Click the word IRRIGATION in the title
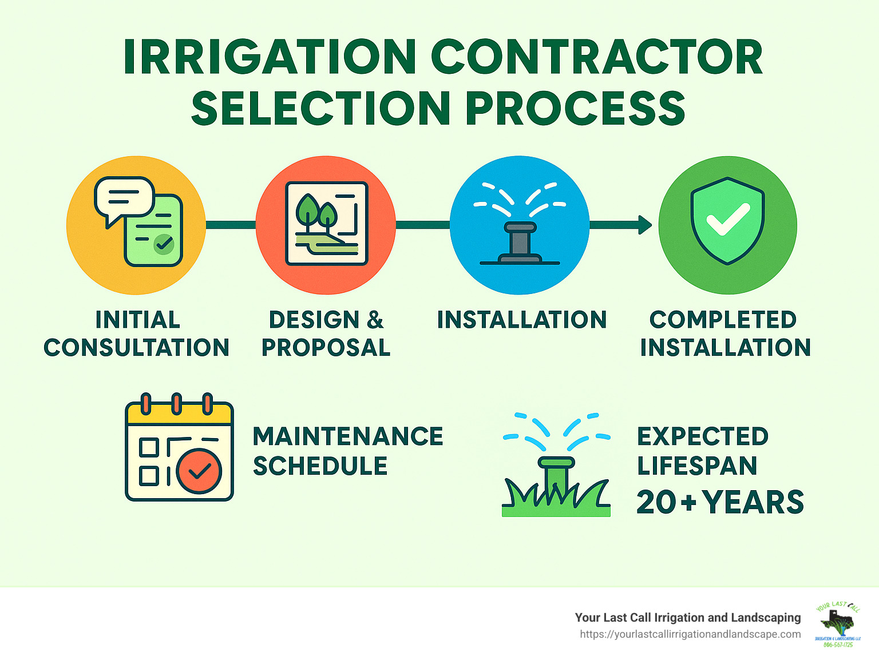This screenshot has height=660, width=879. [270, 57]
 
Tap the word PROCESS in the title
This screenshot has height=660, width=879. [576, 109]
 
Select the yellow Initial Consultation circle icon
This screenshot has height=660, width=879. [136, 225]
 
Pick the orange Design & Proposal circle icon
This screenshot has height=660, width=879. [326, 225]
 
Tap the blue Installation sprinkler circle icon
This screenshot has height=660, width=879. [520, 225]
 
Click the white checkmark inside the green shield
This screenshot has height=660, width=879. [727, 219]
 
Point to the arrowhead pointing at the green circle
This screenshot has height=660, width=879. [645, 225]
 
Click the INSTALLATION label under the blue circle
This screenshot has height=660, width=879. [521, 320]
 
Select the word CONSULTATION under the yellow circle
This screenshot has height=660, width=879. [137, 348]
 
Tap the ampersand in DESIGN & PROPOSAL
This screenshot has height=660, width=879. [375, 320]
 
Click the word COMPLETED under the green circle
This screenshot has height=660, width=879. [723, 320]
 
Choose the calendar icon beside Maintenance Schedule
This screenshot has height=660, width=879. [179, 448]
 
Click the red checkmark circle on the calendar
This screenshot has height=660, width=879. [199, 471]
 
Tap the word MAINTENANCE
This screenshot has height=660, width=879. [348, 436]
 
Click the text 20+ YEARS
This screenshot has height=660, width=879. [720, 502]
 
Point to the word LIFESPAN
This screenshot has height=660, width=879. [697, 466]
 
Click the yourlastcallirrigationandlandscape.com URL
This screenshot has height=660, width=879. [690, 634]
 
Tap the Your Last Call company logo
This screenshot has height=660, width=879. [837, 625]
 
